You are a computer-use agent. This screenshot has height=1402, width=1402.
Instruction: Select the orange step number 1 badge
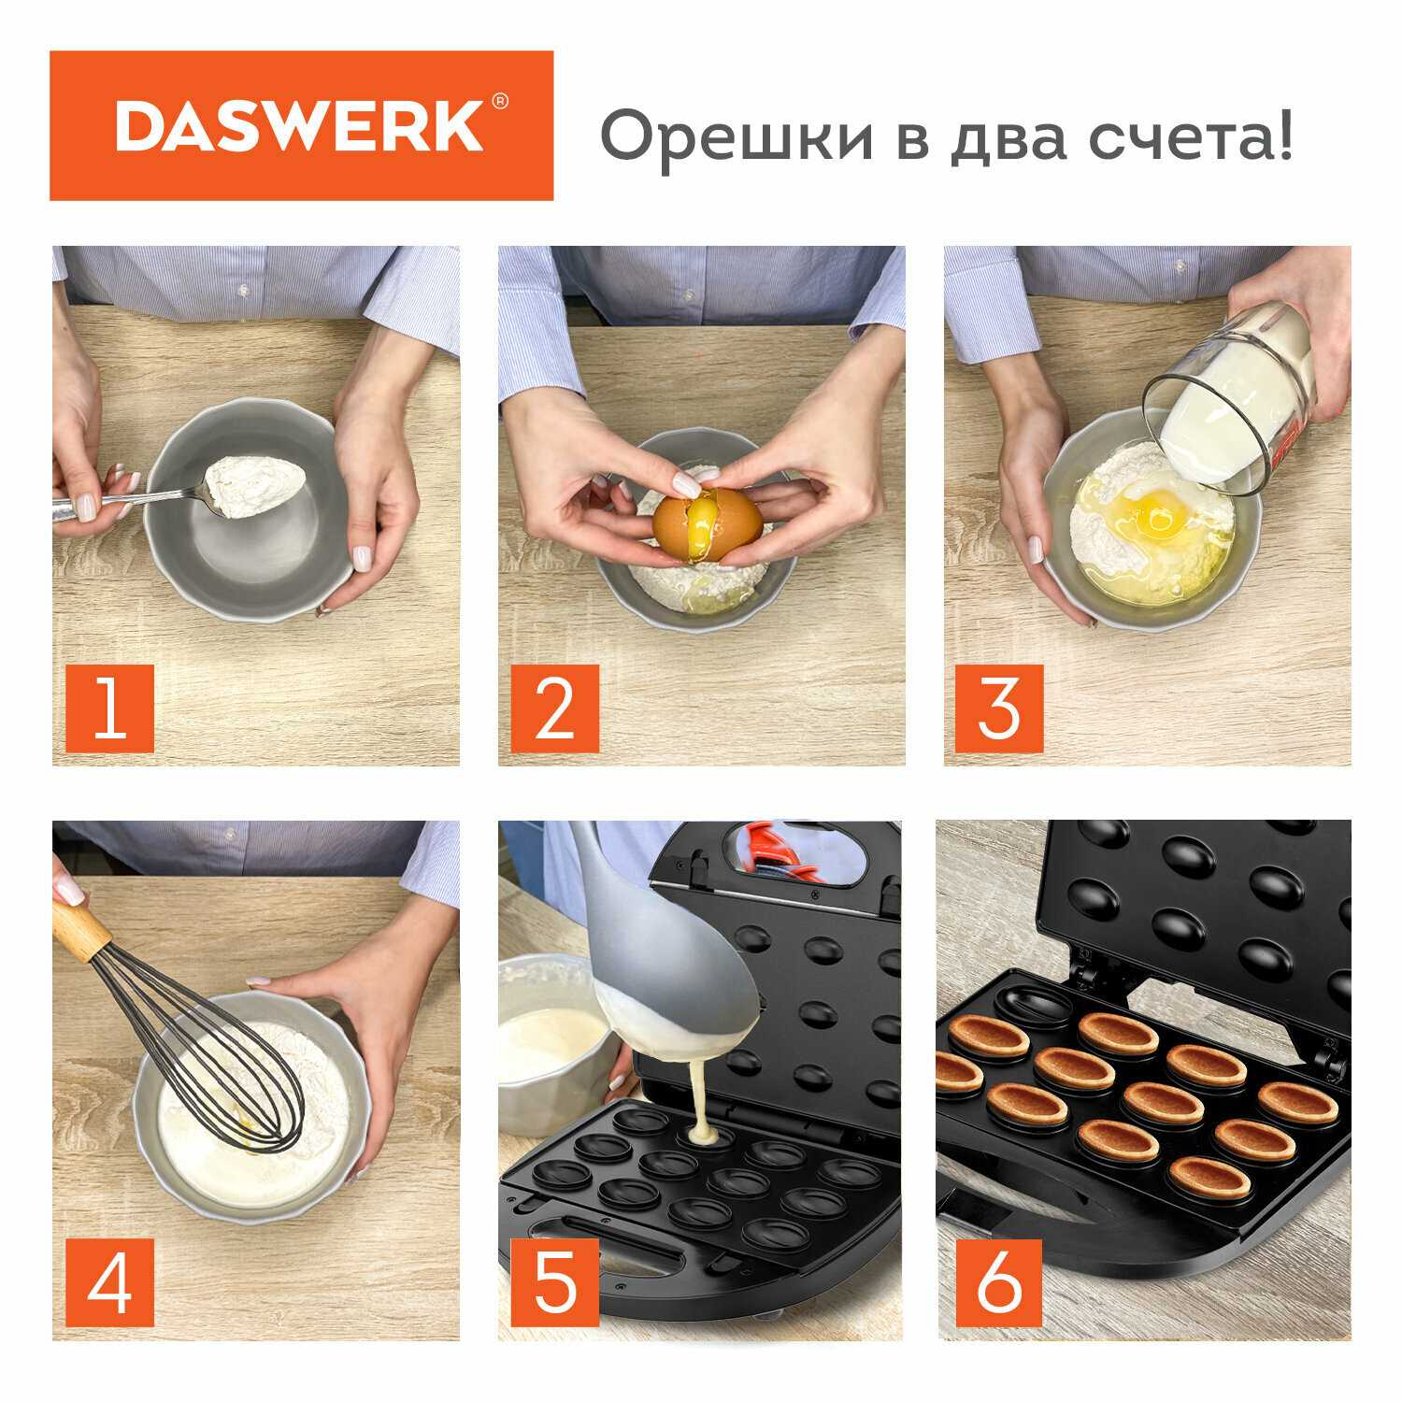click(110, 708)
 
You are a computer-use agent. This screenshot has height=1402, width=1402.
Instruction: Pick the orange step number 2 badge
click(555, 708)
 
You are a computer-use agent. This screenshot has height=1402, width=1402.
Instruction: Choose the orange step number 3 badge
click(998, 708)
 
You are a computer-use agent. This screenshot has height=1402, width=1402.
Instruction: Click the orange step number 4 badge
click(110, 1282)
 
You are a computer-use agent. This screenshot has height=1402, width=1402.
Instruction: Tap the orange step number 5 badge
click(555, 1282)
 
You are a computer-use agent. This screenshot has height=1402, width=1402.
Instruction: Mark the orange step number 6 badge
click(998, 1282)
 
